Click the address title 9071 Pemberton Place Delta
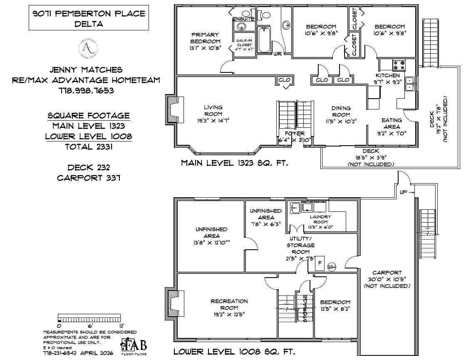click(x=89, y=18)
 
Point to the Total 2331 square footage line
click(x=88, y=146)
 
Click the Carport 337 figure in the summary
click(x=88, y=178)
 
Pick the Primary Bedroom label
click(x=205, y=38)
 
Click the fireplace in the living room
click(x=173, y=109)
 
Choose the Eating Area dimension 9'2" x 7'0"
click(x=392, y=133)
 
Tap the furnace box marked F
click(x=320, y=263)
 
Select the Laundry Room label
click(x=320, y=219)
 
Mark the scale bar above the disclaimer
click(x=90, y=320)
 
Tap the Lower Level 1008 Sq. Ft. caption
click(x=234, y=352)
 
